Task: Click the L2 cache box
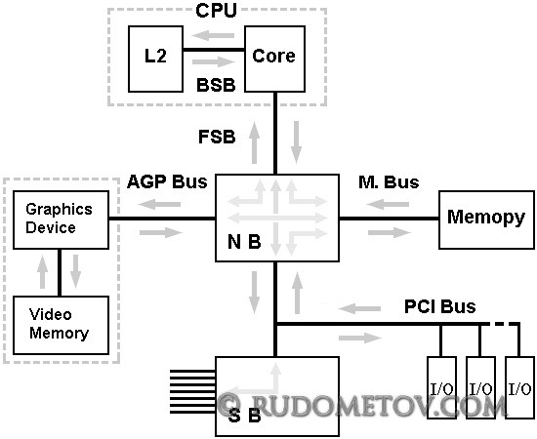(x=155, y=59)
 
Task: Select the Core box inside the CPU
(x=274, y=59)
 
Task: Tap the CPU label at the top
(x=216, y=11)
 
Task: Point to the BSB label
(x=216, y=85)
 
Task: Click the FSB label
(x=217, y=137)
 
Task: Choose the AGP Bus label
(x=167, y=181)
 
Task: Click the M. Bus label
(x=389, y=182)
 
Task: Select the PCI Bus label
(x=440, y=306)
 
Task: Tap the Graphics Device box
(x=61, y=219)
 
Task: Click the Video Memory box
(x=61, y=325)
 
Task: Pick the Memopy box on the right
(x=486, y=219)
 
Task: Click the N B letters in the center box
(x=244, y=242)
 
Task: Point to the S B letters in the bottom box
(x=244, y=416)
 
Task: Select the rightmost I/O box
(x=519, y=387)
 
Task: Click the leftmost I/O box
(x=441, y=387)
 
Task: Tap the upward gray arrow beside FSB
(x=254, y=142)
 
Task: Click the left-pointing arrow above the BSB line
(x=213, y=35)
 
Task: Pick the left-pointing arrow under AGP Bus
(x=159, y=205)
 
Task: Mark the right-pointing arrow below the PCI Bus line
(x=360, y=339)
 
